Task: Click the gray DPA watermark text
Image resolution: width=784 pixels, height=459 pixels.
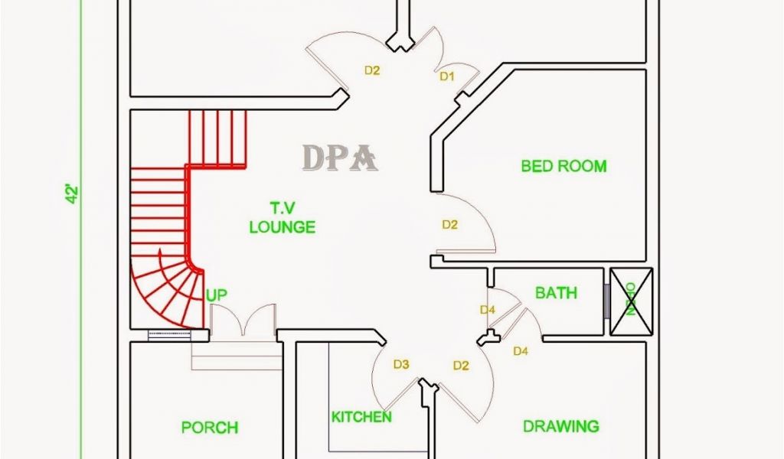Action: click(x=340, y=158)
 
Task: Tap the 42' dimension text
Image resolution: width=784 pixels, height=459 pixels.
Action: click(x=71, y=194)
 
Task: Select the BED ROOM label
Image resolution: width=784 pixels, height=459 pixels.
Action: click(x=563, y=166)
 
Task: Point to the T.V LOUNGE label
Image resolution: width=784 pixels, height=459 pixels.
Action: click(x=282, y=217)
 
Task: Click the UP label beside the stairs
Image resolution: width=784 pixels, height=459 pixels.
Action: click(x=216, y=295)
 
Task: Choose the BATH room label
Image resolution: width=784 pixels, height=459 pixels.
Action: click(x=556, y=293)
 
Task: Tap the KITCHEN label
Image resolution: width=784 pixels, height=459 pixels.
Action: click(x=361, y=417)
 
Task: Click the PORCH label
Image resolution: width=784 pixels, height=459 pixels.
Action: click(x=209, y=428)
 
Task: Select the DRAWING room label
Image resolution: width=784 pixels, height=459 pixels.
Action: click(x=560, y=426)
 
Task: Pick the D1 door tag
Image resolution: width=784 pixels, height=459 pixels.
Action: click(x=447, y=76)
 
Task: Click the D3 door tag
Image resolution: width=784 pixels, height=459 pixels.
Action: click(x=402, y=364)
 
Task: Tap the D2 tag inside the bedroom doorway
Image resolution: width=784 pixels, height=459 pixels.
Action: click(x=450, y=224)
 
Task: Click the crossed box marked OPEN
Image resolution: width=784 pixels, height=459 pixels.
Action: click(x=631, y=301)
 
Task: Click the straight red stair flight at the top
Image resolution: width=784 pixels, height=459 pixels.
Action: click(x=218, y=138)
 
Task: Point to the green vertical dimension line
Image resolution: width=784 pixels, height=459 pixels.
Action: click(x=83, y=229)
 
